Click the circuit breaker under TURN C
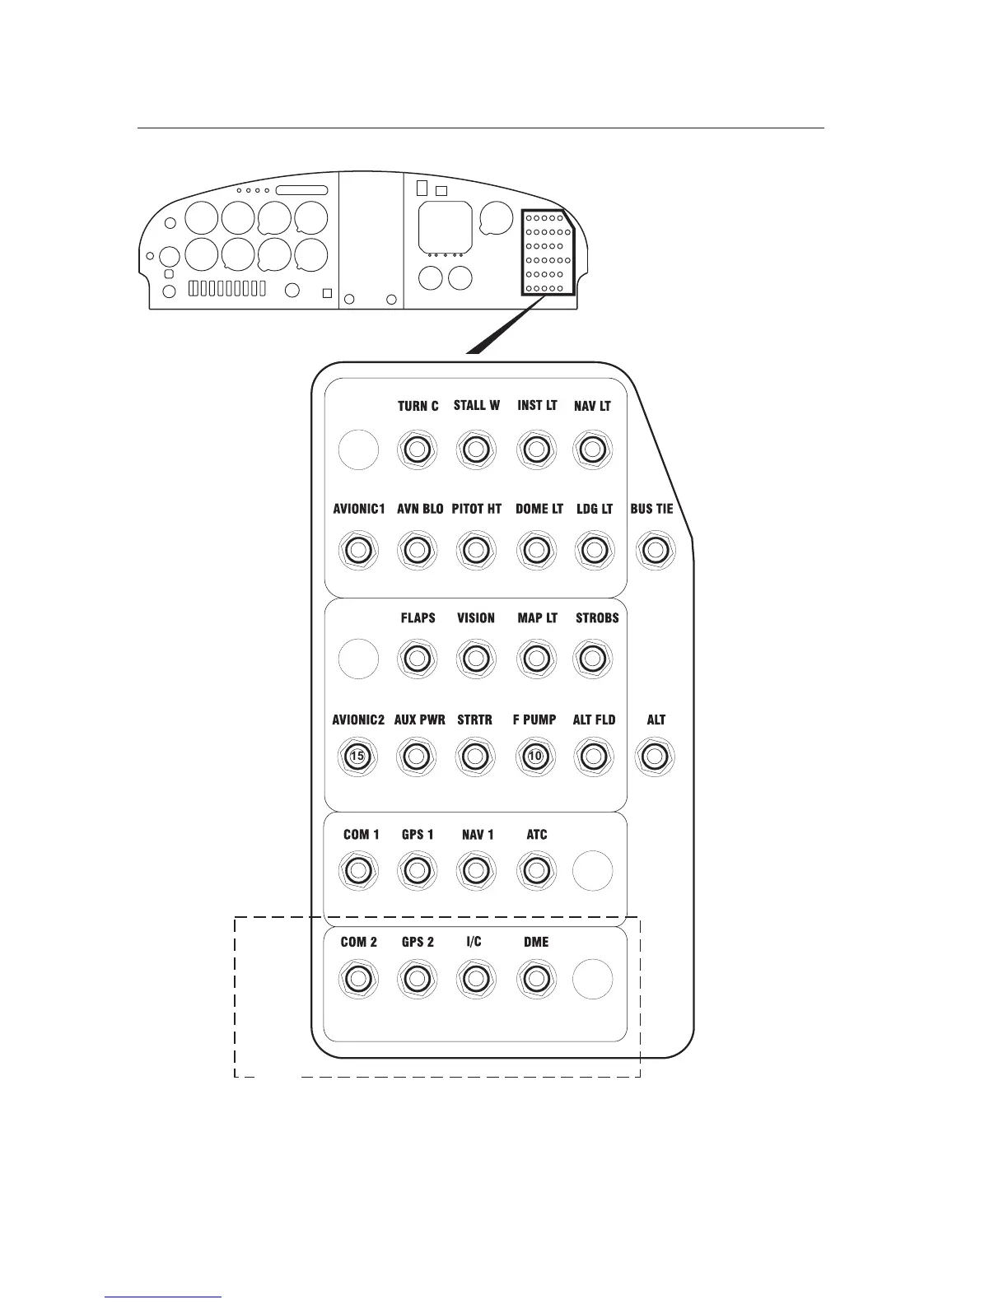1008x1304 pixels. tap(417, 449)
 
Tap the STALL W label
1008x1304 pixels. tap(476, 405)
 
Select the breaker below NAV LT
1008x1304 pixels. tap(591, 449)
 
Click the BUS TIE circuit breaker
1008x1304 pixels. tap(654, 550)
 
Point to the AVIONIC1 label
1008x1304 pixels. tap(358, 509)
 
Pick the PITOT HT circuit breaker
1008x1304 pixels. tap(475, 550)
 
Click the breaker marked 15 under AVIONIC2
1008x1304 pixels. tap(357, 756)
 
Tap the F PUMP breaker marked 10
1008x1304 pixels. tap(535, 756)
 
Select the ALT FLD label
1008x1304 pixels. tap(594, 720)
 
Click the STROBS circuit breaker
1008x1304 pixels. tap(591, 659)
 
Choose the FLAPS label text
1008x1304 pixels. tap(418, 617)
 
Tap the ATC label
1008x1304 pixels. tap(536, 834)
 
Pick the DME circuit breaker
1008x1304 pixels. tap(535, 979)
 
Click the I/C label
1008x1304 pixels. tap(474, 941)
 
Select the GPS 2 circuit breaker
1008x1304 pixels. tap(417, 979)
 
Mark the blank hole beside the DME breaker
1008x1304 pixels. tap(592, 979)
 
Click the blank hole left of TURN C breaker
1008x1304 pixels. tap(358, 449)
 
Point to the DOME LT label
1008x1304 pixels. tap(539, 509)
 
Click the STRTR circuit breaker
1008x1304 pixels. tap(475, 756)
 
